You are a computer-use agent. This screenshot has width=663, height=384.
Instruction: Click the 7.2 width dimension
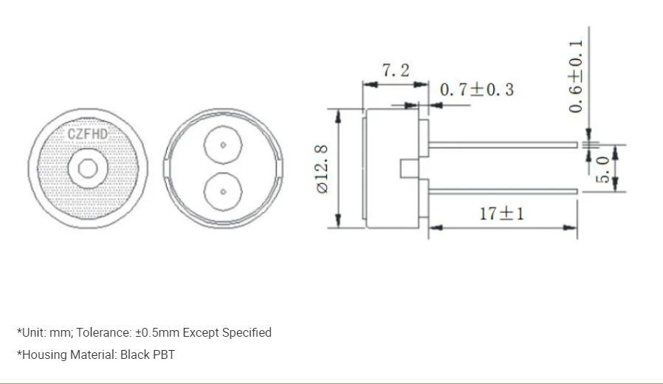pos(395,70)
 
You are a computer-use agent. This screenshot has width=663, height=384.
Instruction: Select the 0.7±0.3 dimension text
pos(476,90)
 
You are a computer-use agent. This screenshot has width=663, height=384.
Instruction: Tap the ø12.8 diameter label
pos(323,169)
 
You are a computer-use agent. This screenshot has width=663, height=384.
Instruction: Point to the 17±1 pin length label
pos(501,213)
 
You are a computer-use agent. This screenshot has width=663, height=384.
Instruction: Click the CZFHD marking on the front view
pos(87,134)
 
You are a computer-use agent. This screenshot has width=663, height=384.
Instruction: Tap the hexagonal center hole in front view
pos(88,168)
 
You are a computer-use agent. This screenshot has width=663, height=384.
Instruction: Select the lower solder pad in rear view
pos(222,191)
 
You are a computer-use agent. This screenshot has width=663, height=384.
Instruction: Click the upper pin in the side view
pos(502,145)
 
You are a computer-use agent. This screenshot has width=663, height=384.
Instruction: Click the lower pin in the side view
pos(502,191)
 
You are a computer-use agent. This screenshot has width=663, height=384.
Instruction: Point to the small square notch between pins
pos(407,168)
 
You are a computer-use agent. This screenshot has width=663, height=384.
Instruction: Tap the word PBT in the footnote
pos(163,354)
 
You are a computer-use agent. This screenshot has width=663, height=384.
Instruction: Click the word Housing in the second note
pos(44,354)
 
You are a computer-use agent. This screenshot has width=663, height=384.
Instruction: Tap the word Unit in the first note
pos(32,332)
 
